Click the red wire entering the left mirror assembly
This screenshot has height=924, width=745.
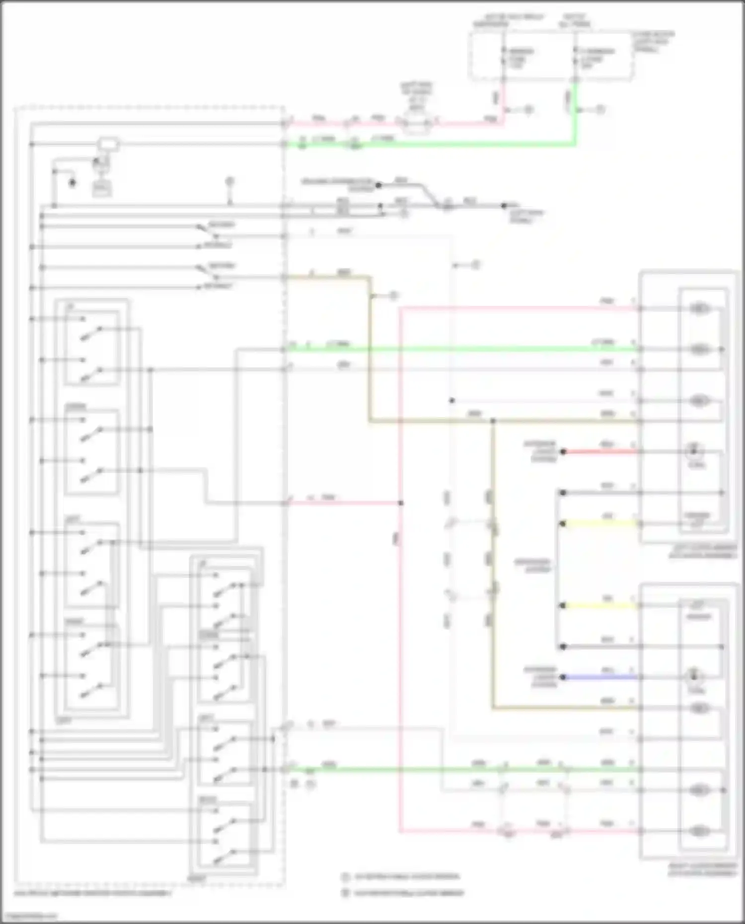click(601, 452)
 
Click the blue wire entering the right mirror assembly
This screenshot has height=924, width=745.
click(601, 677)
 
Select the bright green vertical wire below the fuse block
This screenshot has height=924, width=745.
click(576, 114)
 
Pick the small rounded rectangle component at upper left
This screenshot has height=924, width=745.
click(108, 144)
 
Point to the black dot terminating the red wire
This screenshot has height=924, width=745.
click(563, 452)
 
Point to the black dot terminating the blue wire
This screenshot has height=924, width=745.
click(563, 677)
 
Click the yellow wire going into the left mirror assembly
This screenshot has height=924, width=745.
click(601, 523)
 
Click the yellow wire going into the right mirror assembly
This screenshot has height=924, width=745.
click(601, 606)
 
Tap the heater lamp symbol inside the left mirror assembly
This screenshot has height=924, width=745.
click(694, 451)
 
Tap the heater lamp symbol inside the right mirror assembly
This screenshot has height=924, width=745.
click(694, 676)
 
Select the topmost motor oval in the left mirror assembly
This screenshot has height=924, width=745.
click(699, 309)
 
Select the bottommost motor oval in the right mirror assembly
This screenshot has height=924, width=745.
click(699, 830)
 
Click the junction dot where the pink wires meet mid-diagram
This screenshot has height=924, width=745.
click(401, 503)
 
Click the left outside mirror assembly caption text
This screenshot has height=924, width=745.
click(702, 551)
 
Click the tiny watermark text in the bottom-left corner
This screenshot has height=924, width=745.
click(29, 916)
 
